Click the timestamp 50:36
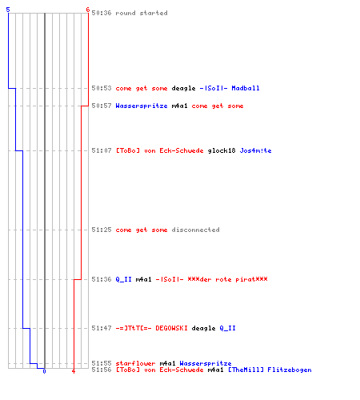point(102,13)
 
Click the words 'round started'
point(142,13)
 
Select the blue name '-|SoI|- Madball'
point(230,88)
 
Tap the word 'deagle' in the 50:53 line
point(183,88)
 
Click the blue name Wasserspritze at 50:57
point(142,106)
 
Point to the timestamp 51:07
point(102,150)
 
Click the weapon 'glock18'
point(222,150)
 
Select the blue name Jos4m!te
point(255,150)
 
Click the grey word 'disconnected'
point(195,230)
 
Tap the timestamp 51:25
point(102,230)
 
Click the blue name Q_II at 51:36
point(123,279)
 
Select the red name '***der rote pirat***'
point(227,279)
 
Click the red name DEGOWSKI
point(171,328)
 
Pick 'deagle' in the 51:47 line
point(203,328)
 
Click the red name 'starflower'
point(135,363)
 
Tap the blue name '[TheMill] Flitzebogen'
point(270,370)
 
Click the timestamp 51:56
point(102,370)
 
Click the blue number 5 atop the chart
point(8,10)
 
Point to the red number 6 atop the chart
point(88,10)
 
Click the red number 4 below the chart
point(74,371)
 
